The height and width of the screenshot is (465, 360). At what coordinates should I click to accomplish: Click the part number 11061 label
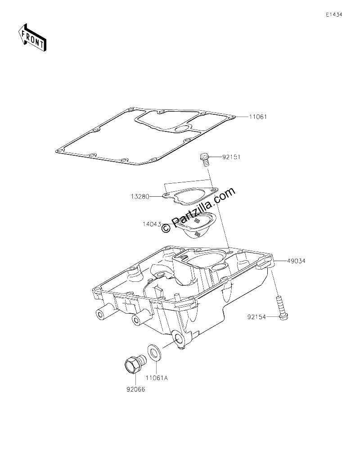pyautogui.click(x=258, y=117)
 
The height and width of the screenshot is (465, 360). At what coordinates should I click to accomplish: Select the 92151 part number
pyautogui.click(x=231, y=157)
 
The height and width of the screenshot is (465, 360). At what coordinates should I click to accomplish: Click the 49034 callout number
pyautogui.click(x=296, y=261)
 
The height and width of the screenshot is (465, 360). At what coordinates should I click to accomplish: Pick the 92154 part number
pyautogui.click(x=257, y=317)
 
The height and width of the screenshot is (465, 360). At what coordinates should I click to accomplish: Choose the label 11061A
pyautogui.click(x=157, y=378)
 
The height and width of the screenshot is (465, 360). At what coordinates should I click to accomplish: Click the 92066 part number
pyautogui.click(x=136, y=389)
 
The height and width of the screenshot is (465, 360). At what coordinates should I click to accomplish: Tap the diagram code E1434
pyautogui.click(x=334, y=14)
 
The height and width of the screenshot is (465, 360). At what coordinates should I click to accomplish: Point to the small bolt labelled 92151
pyautogui.click(x=205, y=159)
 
